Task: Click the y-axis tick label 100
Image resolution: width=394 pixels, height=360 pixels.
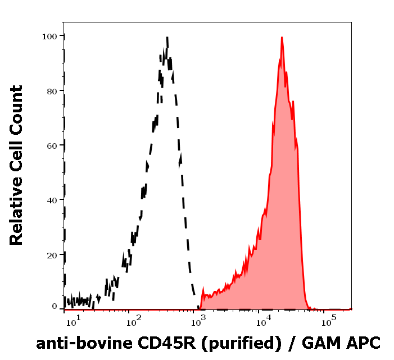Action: click(49, 36)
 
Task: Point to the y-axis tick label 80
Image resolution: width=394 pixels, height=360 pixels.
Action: click(52, 90)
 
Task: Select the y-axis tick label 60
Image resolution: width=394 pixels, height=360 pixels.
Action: click(52, 145)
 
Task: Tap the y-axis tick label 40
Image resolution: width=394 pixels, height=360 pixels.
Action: click(52, 200)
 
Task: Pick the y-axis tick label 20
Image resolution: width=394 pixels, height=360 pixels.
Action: click(52, 254)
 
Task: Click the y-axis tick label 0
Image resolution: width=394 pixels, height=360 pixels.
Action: click(55, 307)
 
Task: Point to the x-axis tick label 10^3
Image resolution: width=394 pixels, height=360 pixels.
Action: click(200, 322)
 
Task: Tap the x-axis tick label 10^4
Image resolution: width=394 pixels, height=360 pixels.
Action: click(264, 322)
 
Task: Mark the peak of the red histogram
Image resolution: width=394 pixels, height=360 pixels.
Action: click(281, 38)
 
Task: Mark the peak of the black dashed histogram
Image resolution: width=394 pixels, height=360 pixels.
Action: click(167, 38)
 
